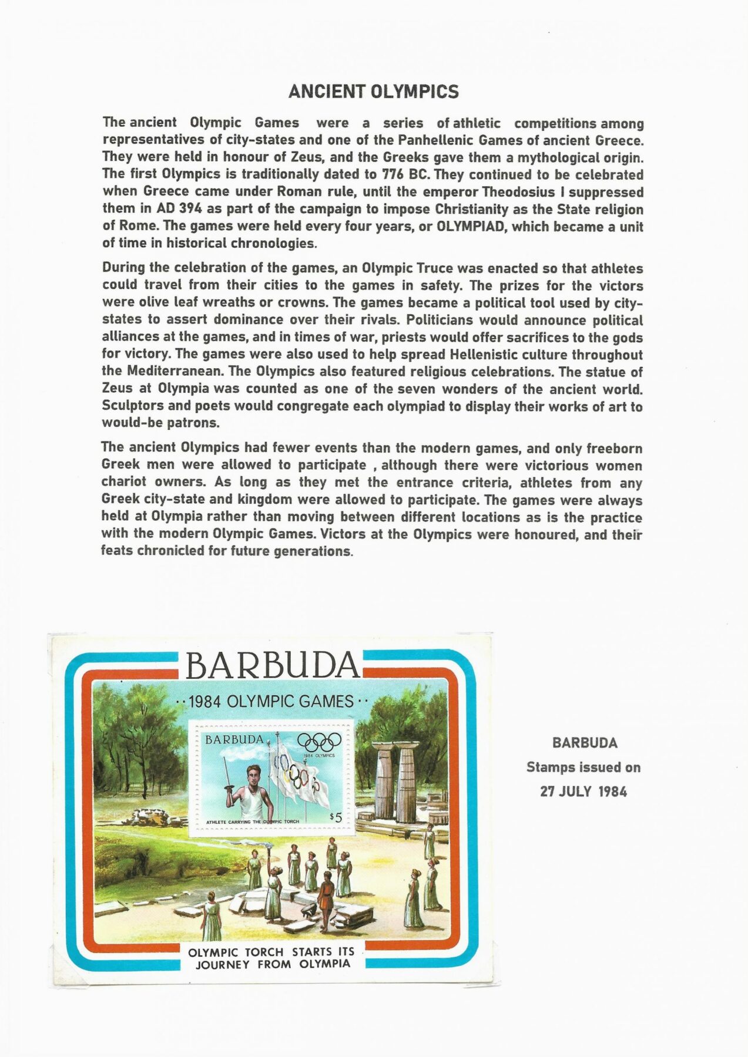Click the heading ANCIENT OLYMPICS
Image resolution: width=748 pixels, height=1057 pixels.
(x=373, y=92)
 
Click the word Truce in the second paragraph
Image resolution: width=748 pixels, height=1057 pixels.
(x=434, y=268)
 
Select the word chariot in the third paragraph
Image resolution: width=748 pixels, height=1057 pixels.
(x=125, y=483)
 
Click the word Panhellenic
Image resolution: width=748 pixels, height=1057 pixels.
(x=436, y=140)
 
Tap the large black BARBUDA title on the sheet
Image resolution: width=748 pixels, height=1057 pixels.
(x=272, y=666)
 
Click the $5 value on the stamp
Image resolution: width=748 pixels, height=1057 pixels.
(x=336, y=817)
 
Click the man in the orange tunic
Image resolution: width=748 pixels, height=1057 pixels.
(x=324, y=892)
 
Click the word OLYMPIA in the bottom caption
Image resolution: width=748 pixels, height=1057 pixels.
(x=324, y=964)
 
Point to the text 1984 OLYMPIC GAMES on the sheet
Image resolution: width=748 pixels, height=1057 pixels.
(x=271, y=701)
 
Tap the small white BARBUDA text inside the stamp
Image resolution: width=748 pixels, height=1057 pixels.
(x=234, y=740)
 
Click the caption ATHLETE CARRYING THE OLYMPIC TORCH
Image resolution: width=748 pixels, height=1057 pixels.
(x=253, y=822)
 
